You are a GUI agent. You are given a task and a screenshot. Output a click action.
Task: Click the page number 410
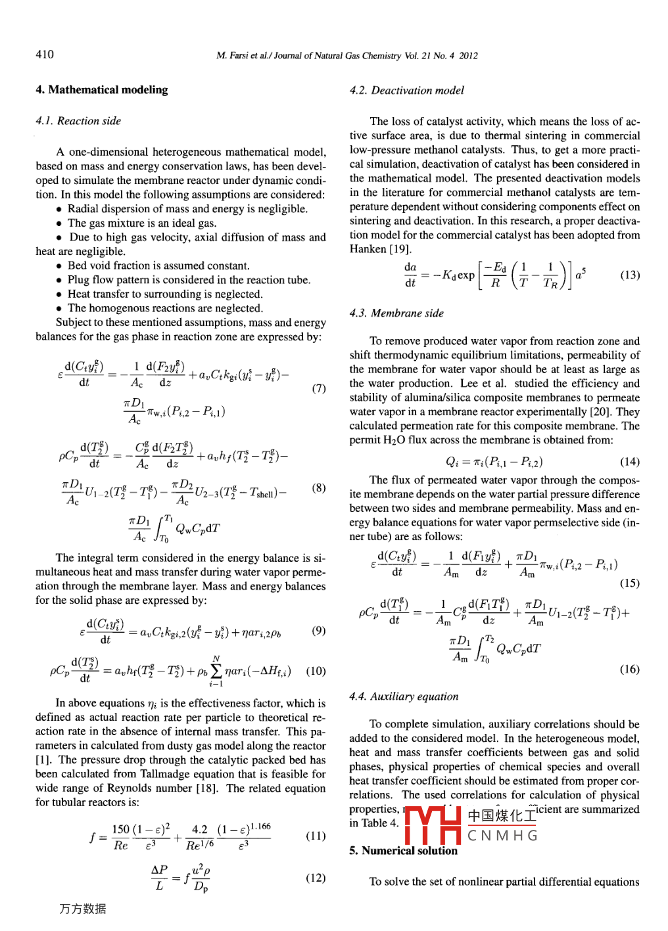pyautogui.click(x=45, y=55)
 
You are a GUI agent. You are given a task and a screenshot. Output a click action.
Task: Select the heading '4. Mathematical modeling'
pyautogui.click(x=101, y=90)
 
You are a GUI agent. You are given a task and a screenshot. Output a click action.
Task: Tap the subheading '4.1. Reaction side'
pyautogui.click(x=78, y=121)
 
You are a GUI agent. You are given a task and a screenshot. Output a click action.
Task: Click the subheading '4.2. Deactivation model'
pyautogui.click(x=406, y=91)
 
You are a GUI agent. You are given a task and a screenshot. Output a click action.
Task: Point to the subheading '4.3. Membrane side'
pyautogui.click(x=396, y=313)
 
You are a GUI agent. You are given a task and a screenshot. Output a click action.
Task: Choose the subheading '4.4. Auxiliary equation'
pyautogui.click(x=404, y=696)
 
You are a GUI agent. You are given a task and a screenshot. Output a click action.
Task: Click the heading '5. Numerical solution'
pyautogui.click(x=403, y=851)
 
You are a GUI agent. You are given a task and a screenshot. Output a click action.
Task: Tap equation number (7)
pyautogui.click(x=318, y=388)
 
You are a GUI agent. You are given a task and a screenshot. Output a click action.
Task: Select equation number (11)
pyautogui.click(x=316, y=836)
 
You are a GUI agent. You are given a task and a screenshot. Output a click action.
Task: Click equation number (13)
pyautogui.click(x=630, y=275)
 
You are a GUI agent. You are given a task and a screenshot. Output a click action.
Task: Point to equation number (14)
pyautogui.click(x=630, y=462)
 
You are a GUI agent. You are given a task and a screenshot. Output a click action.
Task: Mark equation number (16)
pyautogui.click(x=630, y=670)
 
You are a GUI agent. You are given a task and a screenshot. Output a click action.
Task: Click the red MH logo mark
pyautogui.click(x=432, y=825)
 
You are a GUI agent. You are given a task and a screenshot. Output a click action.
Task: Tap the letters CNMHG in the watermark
pyautogui.click(x=503, y=836)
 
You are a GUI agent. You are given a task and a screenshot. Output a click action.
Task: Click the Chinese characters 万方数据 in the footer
pyautogui.click(x=82, y=909)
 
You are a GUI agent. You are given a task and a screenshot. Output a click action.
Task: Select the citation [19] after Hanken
pyautogui.click(x=399, y=249)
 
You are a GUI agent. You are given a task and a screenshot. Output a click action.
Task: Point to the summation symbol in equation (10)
pyautogui.click(x=216, y=671)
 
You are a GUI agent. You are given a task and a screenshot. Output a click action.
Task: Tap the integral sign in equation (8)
pyautogui.click(x=162, y=528)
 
